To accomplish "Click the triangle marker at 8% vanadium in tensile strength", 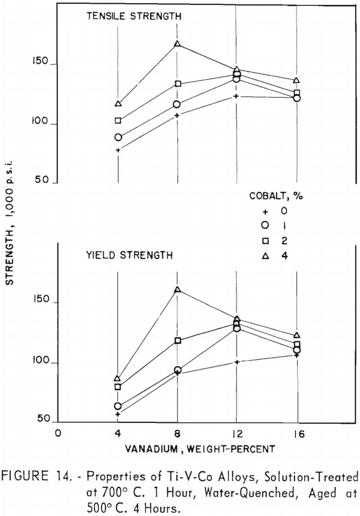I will click(x=177, y=44).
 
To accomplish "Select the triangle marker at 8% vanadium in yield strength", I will click(x=177, y=289).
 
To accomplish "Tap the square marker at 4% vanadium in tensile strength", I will click(x=118, y=120).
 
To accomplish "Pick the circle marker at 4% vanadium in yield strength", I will click(x=118, y=406).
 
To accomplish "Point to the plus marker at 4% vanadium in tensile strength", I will click(x=118, y=150).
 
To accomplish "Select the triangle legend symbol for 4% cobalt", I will click(x=266, y=256).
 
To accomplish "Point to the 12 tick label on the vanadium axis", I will click(x=236, y=434).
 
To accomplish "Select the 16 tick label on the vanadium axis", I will click(x=297, y=434).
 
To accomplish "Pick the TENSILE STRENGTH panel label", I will click(x=133, y=16).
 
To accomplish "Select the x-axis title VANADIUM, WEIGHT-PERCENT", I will click(x=178, y=448).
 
